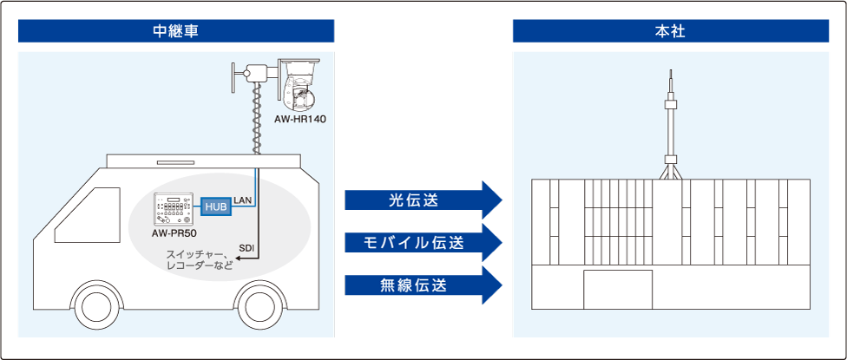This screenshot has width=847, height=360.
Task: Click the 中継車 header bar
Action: coord(176,31)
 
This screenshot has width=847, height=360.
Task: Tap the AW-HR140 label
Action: coord(299,117)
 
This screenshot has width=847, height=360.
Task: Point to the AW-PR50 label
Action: coord(174,232)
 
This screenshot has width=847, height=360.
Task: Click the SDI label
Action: coord(246,247)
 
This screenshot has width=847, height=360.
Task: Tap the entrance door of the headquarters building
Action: coord(617,290)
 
